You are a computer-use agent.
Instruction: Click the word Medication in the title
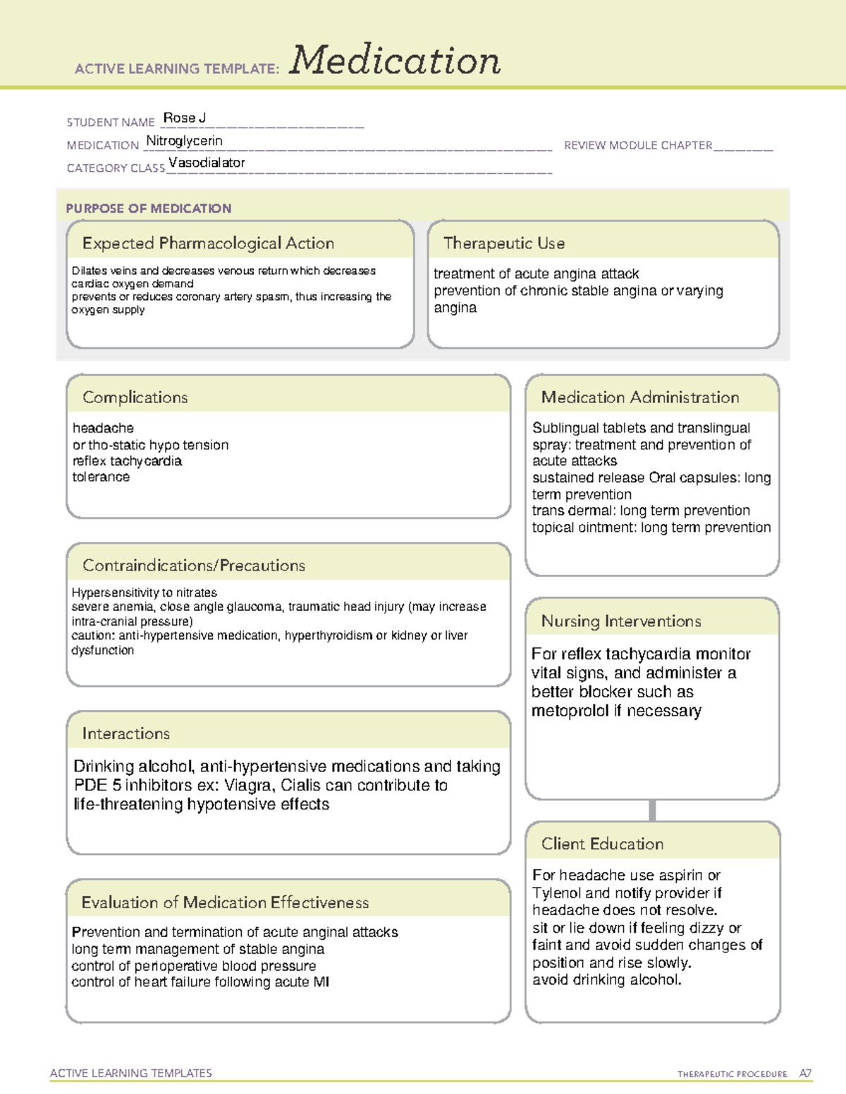(395, 61)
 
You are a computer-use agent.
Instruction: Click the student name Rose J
(184, 118)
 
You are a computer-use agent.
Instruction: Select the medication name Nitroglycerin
(184, 141)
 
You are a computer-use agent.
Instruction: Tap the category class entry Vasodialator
(207, 163)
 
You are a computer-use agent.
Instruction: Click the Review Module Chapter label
(638, 145)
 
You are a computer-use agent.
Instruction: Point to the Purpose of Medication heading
(148, 209)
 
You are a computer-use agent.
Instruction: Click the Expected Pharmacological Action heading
(208, 243)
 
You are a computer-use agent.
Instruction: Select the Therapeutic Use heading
(503, 243)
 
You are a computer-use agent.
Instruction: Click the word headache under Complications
(103, 428)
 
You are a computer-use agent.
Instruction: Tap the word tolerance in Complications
(101, 477)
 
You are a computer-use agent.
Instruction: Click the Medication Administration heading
(639, 397)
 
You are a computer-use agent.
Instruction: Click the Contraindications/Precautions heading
(193, 565)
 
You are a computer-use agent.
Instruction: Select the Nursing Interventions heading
(620, 621)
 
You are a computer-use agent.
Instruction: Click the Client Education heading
(602, 844)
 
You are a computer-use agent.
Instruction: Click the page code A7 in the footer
(805, 1074)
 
